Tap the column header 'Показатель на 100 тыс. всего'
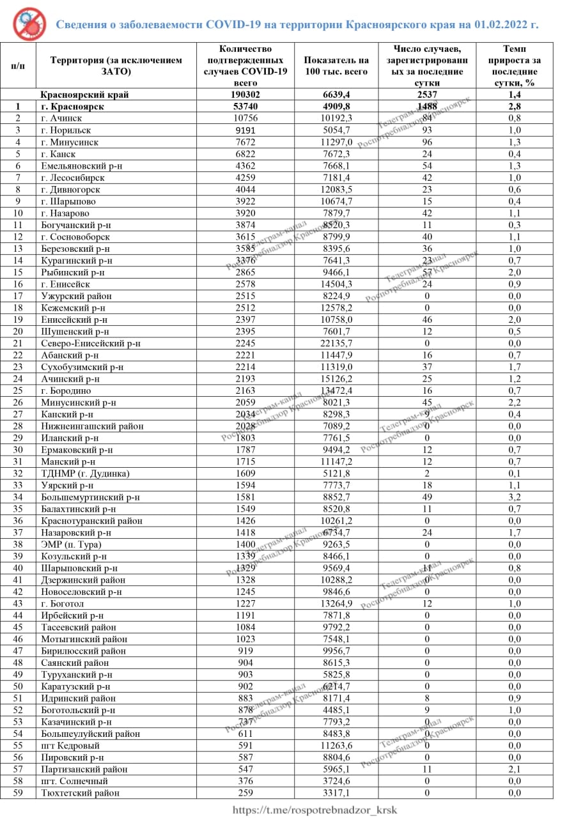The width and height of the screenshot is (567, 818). [x=337, y=66]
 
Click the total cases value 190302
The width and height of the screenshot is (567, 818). [x=245, y=95]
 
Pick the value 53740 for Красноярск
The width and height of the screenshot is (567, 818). [x=245, y=107]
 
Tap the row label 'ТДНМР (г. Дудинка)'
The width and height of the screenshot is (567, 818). [x=85, y=474]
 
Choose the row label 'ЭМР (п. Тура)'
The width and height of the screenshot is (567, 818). [x=71, y=544]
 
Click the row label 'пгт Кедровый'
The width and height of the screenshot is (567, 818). [x=70, y=746]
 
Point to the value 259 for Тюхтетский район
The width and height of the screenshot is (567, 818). [x=245, y=793]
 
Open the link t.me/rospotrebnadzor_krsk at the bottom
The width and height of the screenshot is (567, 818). [x=315, y=810]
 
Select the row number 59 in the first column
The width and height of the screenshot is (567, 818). [x=18, y=793]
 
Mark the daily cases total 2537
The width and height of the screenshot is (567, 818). [x=427, y=95]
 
